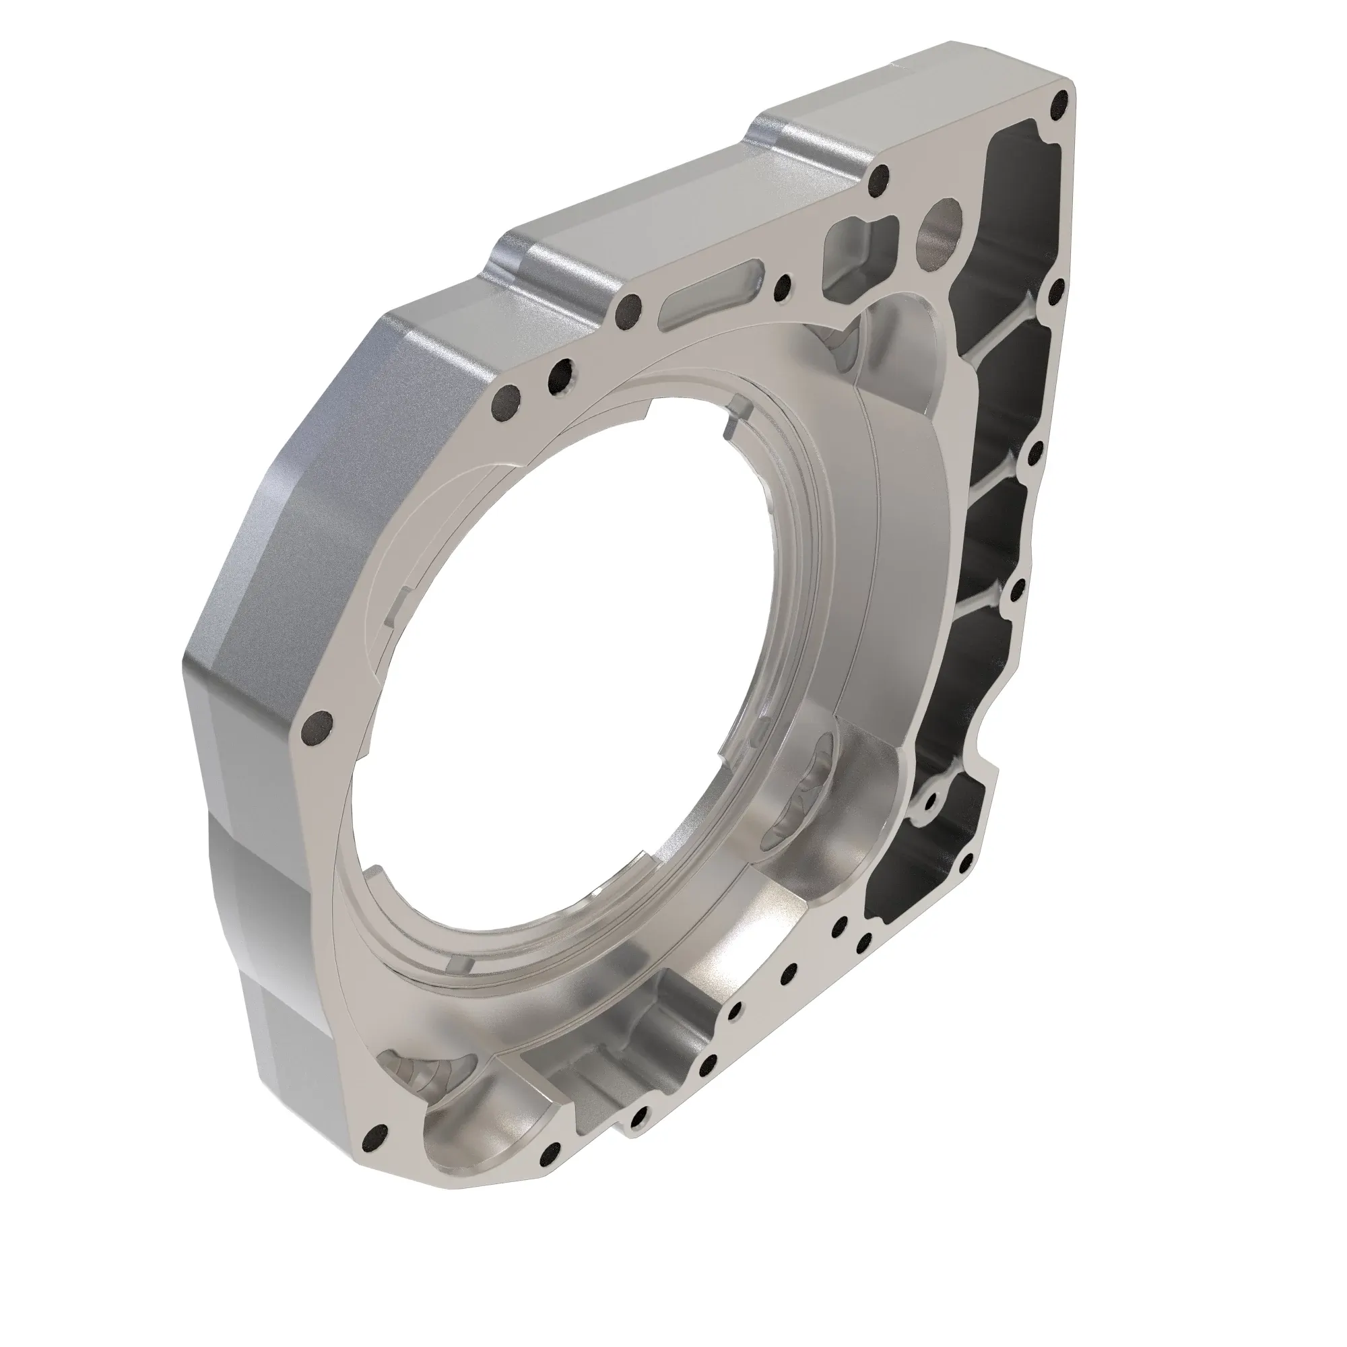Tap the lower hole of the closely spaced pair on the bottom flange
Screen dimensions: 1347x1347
coord(864,945)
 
